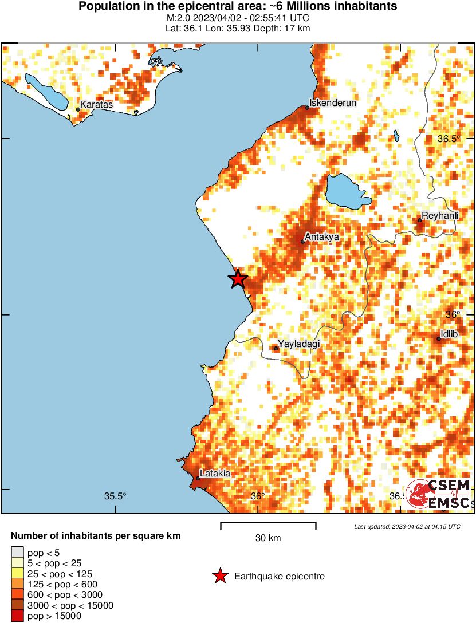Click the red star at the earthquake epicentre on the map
(x=238, y=279)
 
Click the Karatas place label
(x=97, y=105)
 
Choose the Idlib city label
(x=449, y=334)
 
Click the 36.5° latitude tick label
(x=449, y=139)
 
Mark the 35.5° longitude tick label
(x=115, y=496)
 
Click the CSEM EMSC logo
(x=438, y=494)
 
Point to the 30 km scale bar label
(x=268, y=538)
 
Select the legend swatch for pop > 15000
(x=17, y=616)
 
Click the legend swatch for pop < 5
(x=17, y=553)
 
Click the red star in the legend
(x=219, y=577)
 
